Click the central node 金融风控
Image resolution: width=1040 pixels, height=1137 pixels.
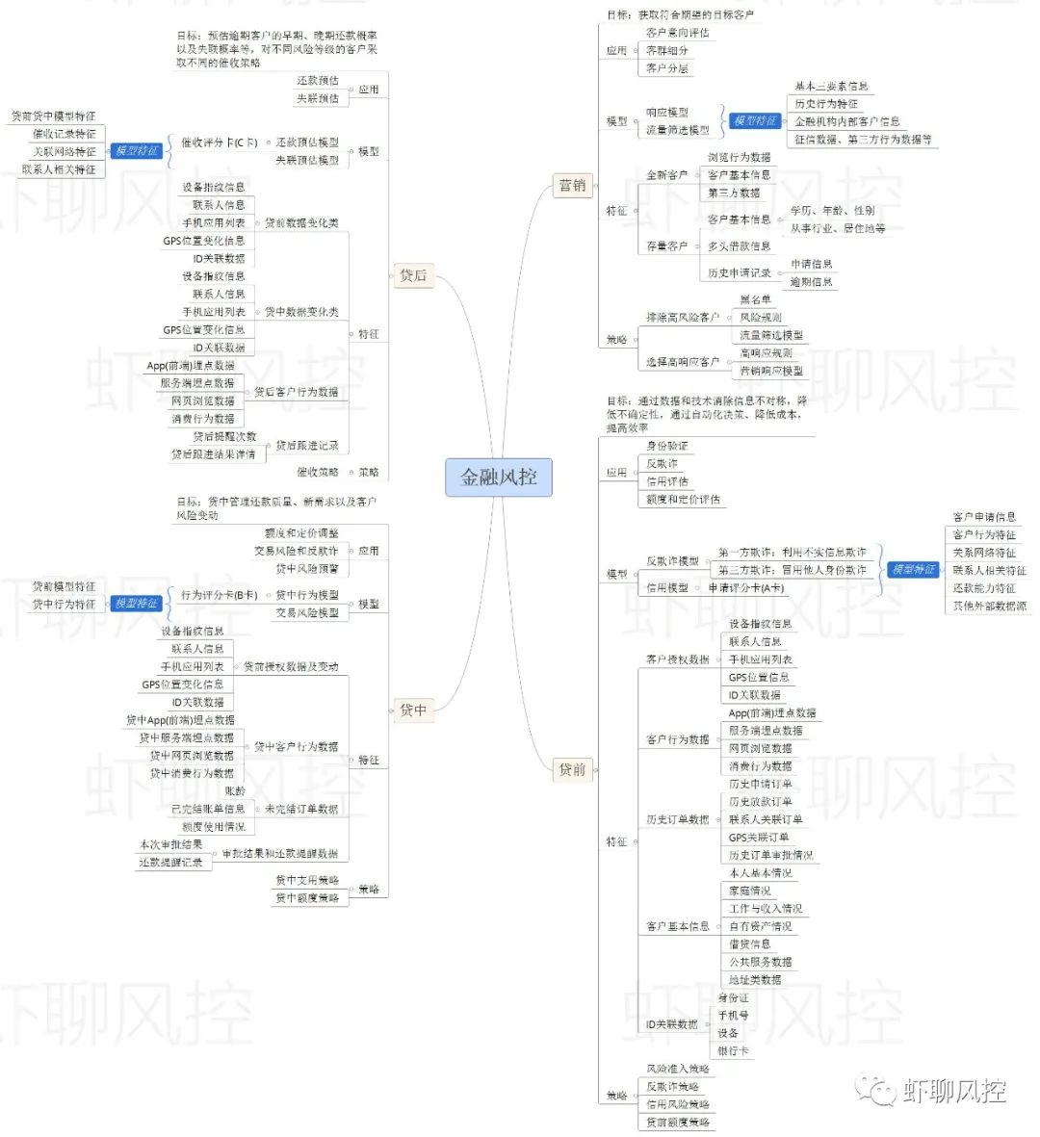tap(498, 477)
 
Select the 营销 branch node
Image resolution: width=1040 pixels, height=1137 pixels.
tap(572, 186)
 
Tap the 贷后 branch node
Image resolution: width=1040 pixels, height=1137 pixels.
tap(412, 275)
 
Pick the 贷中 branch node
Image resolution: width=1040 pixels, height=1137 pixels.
tap(412, 710)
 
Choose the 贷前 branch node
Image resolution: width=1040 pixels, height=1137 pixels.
tap(572, 769)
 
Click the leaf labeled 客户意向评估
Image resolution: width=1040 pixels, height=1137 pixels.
tap(677, 33)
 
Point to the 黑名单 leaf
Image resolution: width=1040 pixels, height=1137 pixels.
tap(755, 299)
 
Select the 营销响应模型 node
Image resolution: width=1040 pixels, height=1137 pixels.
tap(770, 371)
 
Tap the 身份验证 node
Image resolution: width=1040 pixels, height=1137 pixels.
tap(666, 446)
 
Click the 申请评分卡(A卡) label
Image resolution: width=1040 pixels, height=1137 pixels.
tap(745, 587)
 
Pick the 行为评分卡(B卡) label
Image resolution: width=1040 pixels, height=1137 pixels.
tap(219, 595)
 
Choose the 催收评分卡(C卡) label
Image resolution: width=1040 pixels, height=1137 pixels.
tap(220, 142)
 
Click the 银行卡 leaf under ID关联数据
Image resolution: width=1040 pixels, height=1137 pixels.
tap(732, 1050)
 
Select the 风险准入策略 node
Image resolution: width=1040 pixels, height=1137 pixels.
tap(677, 1069)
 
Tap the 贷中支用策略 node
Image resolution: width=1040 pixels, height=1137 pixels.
tap(307, 880)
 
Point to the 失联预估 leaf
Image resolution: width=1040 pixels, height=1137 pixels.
tap(317, 98)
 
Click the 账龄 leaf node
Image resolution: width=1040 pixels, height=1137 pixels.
tap(235, 791)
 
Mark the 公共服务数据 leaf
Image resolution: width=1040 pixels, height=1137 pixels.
tap(760, 962)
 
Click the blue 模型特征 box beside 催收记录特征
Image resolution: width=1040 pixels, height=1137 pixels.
tap(136, 151)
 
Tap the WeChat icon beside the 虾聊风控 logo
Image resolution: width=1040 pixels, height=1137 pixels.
tap(876, 1091)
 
